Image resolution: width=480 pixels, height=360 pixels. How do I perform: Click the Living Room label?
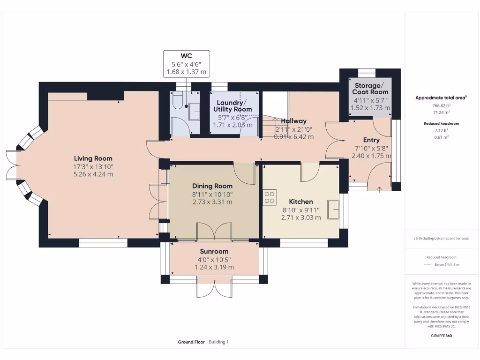click(93, 158)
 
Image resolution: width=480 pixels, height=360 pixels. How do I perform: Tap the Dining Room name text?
click(212, 186)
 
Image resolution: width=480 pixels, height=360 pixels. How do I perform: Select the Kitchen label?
click(301, 202)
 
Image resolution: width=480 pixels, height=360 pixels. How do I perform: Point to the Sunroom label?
click(214, 251)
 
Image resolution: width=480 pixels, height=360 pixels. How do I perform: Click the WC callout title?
click(186, 56)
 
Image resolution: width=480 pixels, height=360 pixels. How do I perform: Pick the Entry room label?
click(371, 140)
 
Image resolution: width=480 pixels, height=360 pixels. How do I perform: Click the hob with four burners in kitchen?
click(270, 197)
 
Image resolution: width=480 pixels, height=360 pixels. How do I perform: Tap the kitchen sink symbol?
click(333, 210)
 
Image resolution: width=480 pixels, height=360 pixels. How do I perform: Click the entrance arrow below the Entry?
click(379, 189)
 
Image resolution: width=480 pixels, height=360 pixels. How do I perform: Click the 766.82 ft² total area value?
click(441, 105)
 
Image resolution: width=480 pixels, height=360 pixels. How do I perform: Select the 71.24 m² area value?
click(441, 112)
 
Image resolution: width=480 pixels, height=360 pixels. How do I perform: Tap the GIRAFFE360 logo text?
click(441, 336)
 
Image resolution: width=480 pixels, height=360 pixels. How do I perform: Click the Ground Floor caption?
click(191, 342)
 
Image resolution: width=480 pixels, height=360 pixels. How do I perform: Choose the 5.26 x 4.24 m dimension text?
click(93, 174)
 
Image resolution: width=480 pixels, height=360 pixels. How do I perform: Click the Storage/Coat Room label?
click(370, 89)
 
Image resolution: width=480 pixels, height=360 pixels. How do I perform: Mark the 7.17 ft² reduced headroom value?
click(441, 130)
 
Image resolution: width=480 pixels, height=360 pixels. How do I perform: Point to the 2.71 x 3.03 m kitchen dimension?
click(301, 217)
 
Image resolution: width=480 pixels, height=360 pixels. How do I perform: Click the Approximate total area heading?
click(441, 97)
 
